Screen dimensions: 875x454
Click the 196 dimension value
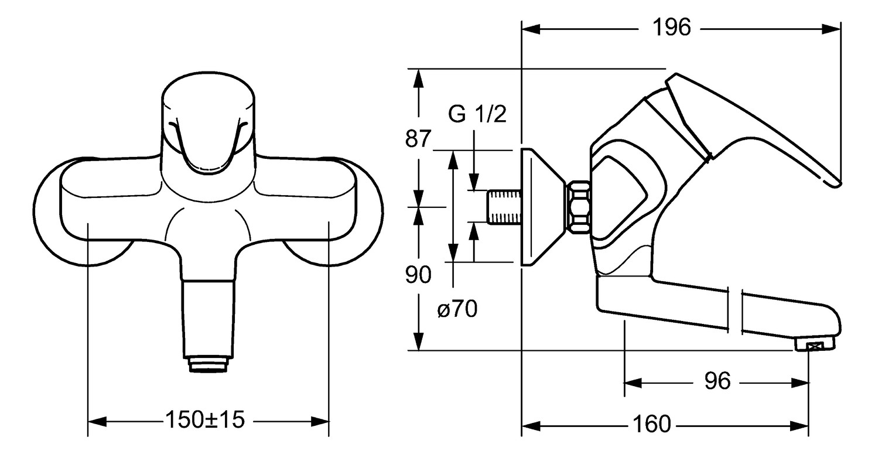click(x=672, y=28)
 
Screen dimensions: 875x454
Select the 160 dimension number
click(x=651, y=424)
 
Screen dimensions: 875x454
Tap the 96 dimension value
click(x=717, y=381)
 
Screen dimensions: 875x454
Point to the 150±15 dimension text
click(x=205, y=419)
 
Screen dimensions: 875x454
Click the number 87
click(x=418, y=138)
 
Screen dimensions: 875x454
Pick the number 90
click(x=418, y=275)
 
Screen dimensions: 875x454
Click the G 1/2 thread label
click(x=477, y=114)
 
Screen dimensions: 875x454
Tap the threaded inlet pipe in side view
click(x=504, y=207)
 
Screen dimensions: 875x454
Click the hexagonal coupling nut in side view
click(x=578, y=207)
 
